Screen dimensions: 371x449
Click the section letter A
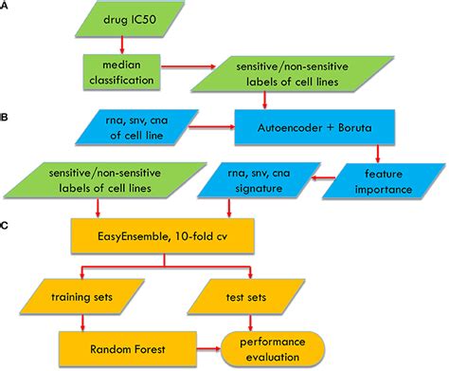[x=9, y=9]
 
